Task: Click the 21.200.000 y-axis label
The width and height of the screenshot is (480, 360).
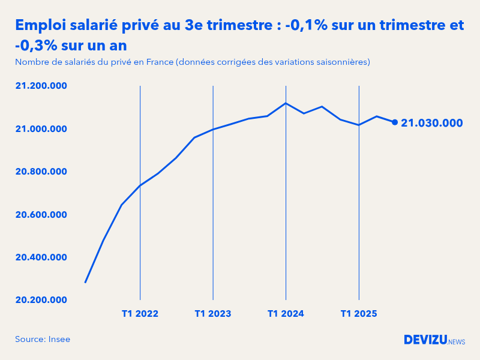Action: (41, 86)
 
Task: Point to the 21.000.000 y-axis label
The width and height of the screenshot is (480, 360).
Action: (41, 129)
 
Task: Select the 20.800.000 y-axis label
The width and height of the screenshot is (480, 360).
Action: (41, 172)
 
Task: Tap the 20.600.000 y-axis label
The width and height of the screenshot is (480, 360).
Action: (41, 215)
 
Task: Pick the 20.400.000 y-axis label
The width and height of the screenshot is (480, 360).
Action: (41, 257)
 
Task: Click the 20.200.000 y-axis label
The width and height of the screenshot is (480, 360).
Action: (41, 300)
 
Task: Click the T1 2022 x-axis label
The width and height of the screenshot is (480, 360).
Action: (140, 314)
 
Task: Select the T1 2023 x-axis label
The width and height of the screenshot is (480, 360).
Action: (213, 314)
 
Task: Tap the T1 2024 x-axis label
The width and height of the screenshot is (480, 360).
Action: (286, 314)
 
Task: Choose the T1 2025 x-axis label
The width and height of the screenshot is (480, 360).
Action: (359, 314)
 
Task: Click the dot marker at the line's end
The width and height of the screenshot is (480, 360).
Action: (395, 122)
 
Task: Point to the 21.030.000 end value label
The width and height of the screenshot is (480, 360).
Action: (432, 123)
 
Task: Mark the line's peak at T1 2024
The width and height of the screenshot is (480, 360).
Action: (286, 103)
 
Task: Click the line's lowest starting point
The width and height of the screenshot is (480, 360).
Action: (85, 282)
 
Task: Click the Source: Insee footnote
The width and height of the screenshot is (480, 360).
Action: (43, 340)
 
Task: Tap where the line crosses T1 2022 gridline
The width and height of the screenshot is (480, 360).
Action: (140, 185)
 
